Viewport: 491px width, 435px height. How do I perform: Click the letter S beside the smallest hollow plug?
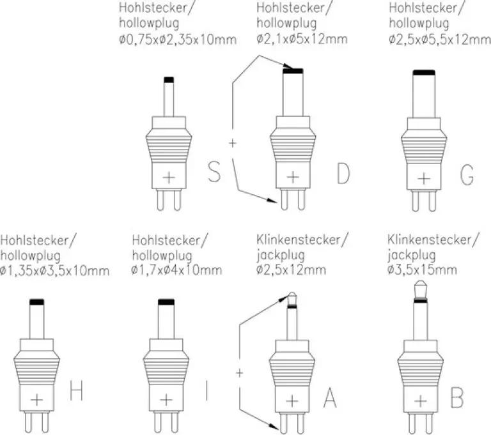(x=214, y=171)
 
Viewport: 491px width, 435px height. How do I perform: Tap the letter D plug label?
(x=343, y=173)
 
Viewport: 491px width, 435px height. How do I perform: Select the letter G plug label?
(x=467, y=174)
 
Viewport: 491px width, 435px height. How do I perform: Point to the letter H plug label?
(x=77, y=390)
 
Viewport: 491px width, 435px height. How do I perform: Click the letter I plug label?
(x=207, y=390)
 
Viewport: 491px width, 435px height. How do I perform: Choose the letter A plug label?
(x=330, y=397)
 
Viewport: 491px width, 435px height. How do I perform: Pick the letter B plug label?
(x=457, y=397)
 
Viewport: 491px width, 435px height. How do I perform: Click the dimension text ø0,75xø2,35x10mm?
(x=178, y=40)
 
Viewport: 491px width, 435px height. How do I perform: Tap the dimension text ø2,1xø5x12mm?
(x=302, y=39)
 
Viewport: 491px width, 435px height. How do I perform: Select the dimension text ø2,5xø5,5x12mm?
(x=440, y=39)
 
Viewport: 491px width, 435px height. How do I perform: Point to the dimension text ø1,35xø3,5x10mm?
(x=55, y=270)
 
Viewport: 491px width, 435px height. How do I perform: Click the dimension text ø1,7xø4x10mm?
(x=176, y=270)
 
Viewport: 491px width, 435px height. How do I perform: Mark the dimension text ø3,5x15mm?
(x=422, y=270)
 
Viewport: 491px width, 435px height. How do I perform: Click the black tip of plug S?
(x=169, y=80)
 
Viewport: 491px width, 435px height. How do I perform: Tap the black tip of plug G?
(x=424, y=73)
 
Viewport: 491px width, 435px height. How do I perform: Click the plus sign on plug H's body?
(x=37, y=400)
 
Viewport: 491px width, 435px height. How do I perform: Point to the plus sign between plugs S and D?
(x=232, y=143)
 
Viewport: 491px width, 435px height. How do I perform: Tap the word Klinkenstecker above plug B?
(x=430, y=240)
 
